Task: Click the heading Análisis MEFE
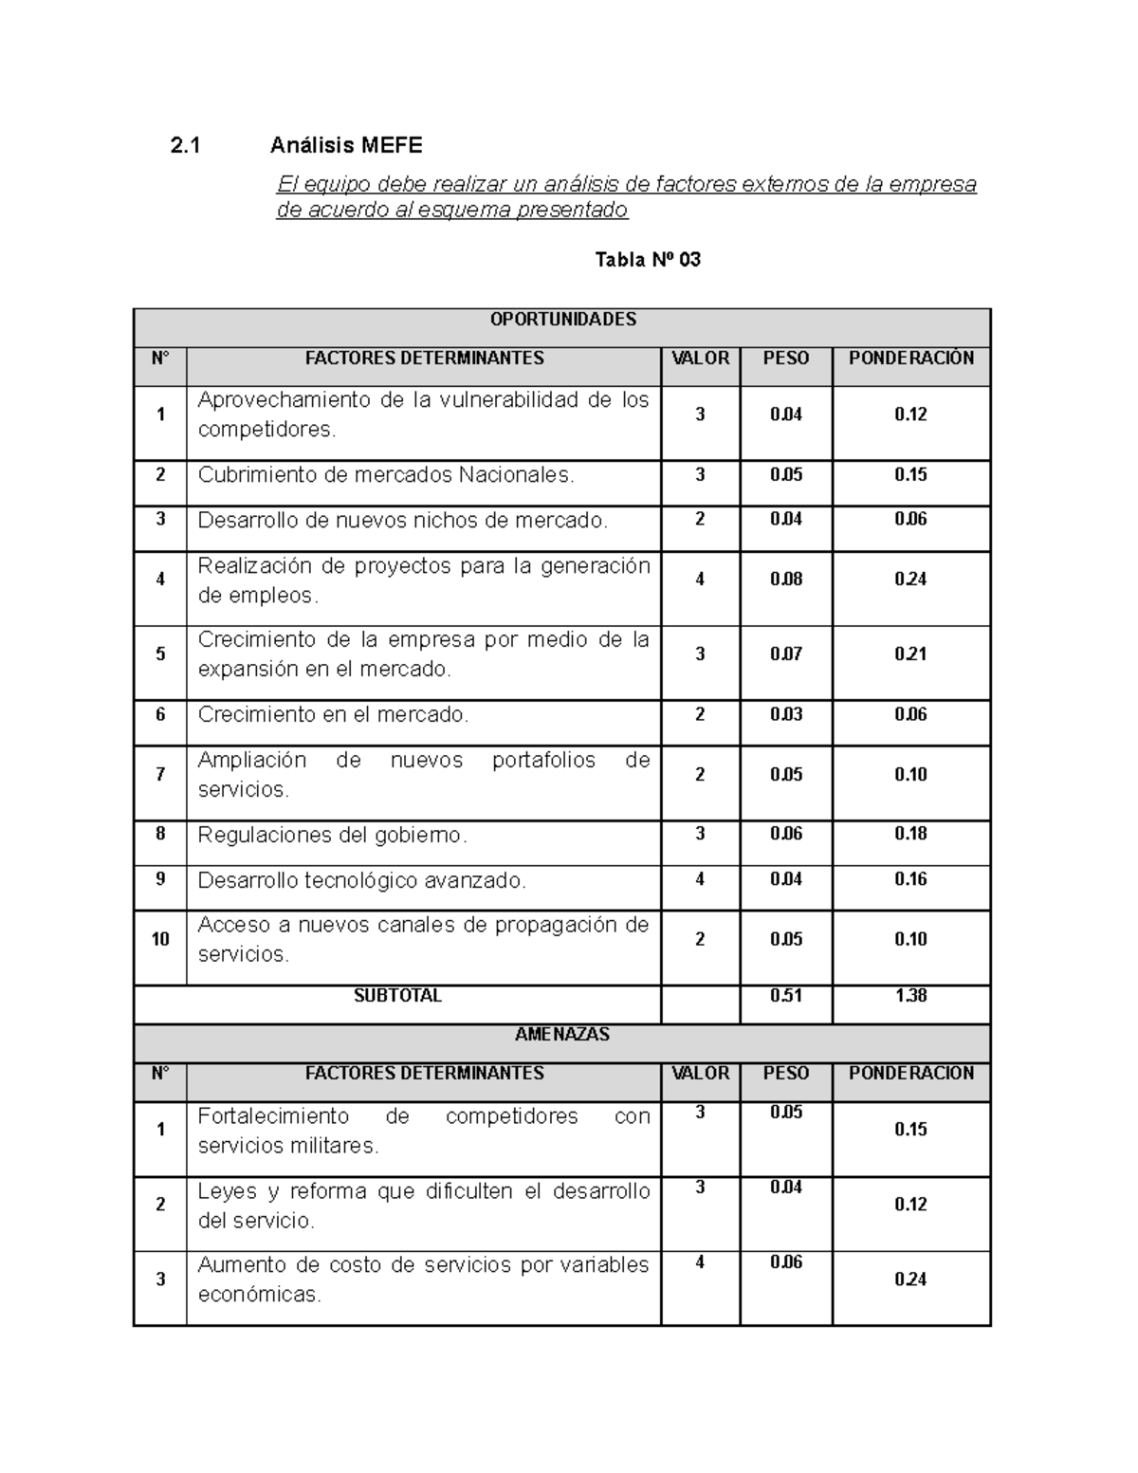point(346,145)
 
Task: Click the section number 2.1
point(186,145)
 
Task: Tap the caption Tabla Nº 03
point(647,259)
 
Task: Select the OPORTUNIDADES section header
point(562,320)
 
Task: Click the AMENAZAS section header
point(562,1035)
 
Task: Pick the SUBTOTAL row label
point(397,996)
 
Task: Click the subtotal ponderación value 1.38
point(910,996)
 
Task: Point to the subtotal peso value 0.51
point(785,996)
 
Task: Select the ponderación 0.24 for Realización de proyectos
point(910,580)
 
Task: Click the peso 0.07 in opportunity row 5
point(785,654)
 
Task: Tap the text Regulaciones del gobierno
point(332,836)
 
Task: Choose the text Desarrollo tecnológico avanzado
point(361,881)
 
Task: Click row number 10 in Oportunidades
point(160,939)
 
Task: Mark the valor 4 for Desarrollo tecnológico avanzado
point(700,879)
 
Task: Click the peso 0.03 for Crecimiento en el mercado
point(785,714)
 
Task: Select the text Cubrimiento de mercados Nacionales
point(386,475)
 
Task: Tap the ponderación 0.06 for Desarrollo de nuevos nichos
point(910,519)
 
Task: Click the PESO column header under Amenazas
point(785,1074)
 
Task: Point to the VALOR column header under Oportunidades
point(700,359)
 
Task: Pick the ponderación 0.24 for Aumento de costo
point(910,1280)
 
